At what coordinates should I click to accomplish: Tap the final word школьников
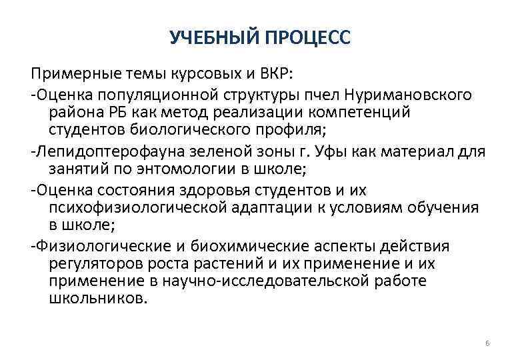96,299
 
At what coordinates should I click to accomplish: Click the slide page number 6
487,343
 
